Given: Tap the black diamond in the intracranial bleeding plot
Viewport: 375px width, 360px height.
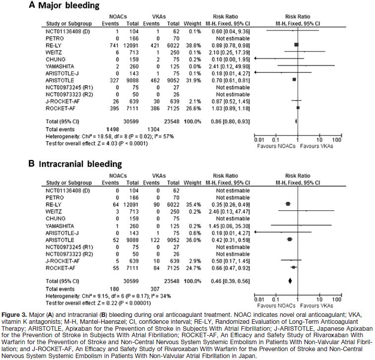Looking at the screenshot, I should (290, 280).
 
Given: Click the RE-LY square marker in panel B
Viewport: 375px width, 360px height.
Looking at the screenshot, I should (288, 203).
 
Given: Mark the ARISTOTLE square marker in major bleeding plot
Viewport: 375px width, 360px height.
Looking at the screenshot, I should (294, 79).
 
